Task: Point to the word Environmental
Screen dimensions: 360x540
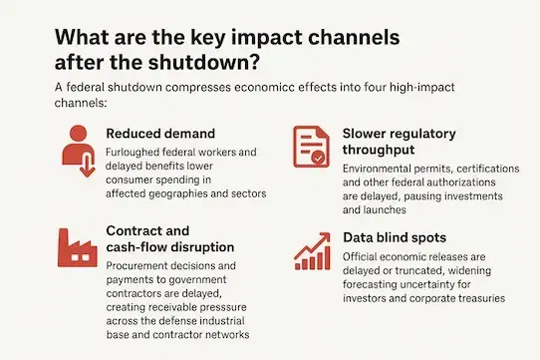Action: click(x=384, y=171)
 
